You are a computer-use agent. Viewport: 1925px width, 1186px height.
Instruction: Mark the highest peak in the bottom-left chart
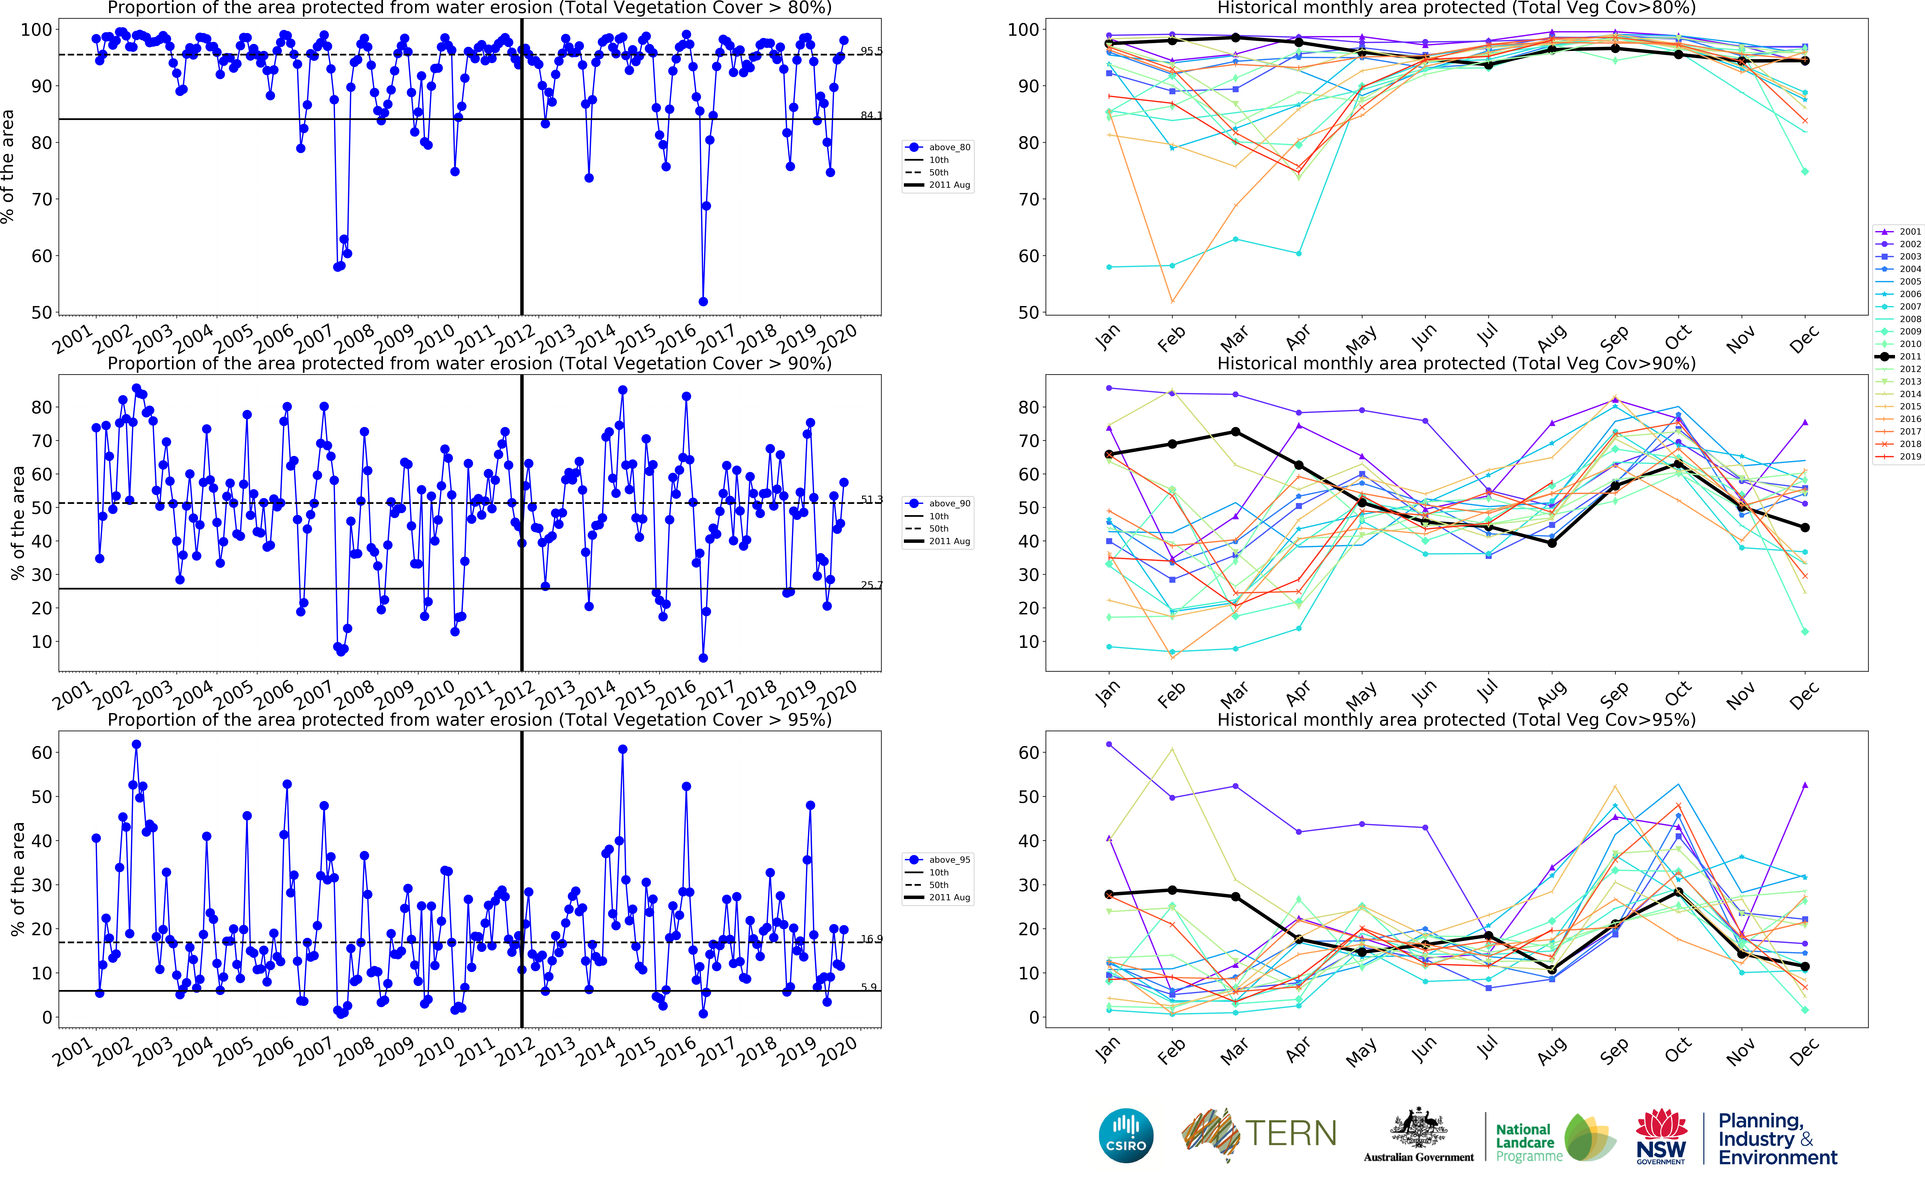click(x=136, y=744)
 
